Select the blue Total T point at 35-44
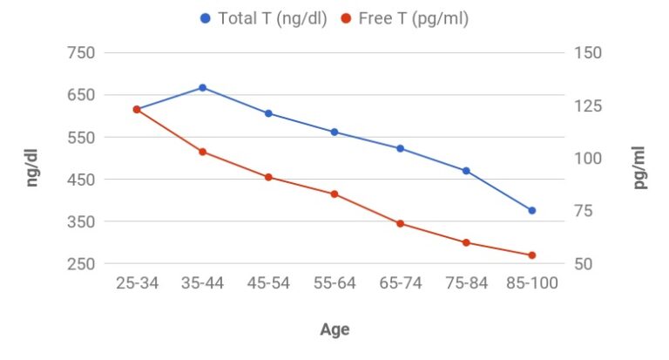tap(203, 87)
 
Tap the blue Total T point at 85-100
tap(531, 210)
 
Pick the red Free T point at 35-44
tap(203, 152)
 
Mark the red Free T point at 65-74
tap(400, 224)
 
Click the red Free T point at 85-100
tap(531, 255)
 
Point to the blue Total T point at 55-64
tap(334, 132)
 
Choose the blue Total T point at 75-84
tap(466, 171)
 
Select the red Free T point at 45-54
tap(268, 177)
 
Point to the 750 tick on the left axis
tap(79, 53)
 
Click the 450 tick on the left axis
tap(79, 180)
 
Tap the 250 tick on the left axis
tap(79, 264)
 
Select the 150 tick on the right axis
tap(588, 53)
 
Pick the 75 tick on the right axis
tap(584, 211)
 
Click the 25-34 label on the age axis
tap(137, 285)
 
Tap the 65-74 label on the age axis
tap(400, 285)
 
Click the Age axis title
tap(334, 329)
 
